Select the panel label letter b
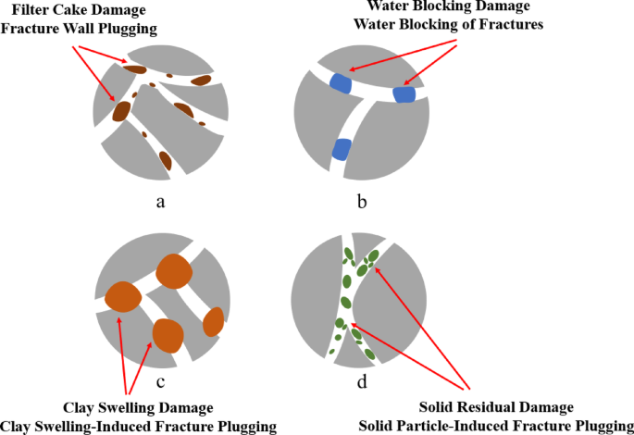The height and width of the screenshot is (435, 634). pyautogui.click(x=362, y=202)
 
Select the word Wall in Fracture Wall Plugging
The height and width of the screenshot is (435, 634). pyautogui.click(x=104, y=28)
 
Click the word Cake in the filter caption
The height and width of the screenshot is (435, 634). pyautogui.click(x=82, y=9)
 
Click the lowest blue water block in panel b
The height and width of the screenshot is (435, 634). pyautogui.click(x=342, y=149)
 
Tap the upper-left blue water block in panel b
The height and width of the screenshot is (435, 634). pyautogui.click(x=341, y=83)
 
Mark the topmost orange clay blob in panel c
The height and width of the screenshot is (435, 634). pyautogui.click(x=173, y=271)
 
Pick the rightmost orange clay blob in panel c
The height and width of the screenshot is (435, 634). pyautogui.click(x=214, y=321)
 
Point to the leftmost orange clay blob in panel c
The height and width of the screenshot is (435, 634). pyautogui.click(x=122, y=297)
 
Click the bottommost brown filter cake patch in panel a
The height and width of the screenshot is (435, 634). pyautogui.click(x=165, y=161)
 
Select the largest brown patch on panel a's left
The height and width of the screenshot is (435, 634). pyautogui.click(x=121, y=111)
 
